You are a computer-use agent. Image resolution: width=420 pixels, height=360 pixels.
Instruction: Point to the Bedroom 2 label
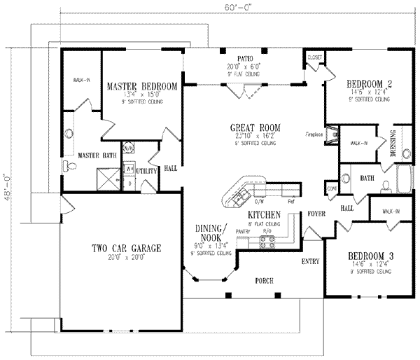point(370,84)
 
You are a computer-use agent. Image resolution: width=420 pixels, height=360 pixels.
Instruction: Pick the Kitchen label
point(265,214)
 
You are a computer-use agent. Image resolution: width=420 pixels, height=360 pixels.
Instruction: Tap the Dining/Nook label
point(216,233)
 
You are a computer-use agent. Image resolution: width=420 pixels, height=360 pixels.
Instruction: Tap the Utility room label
point(146,170)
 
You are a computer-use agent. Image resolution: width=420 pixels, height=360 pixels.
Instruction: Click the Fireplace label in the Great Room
point(312,133)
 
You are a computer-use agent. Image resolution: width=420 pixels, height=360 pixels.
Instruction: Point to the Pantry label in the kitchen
point(243,230)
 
